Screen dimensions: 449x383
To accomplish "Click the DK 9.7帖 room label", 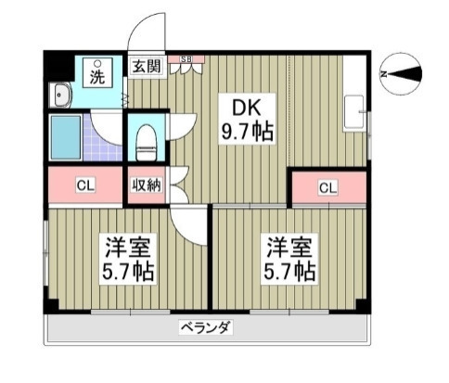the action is point(247,119).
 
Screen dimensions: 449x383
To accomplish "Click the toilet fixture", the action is point(146,142).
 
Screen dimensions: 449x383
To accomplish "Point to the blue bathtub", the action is point(66,137).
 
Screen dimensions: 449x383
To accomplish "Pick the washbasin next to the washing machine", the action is point(61,96).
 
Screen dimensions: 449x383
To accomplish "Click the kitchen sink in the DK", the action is point(354,113).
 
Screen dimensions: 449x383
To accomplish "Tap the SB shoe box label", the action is point(186,59).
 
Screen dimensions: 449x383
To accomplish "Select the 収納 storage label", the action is point(147,185).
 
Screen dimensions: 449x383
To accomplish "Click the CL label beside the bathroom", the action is point(85,185).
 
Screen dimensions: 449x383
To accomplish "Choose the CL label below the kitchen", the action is point(327,187).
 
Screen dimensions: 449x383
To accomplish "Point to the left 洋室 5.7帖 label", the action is point(128,259).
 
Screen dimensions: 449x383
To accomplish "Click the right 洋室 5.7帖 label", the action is point(289,259).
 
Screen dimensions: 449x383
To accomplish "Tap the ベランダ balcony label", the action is point(206,327).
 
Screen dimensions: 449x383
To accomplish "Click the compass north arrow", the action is point(404,74).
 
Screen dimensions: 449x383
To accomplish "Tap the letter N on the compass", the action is point(384,74).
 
